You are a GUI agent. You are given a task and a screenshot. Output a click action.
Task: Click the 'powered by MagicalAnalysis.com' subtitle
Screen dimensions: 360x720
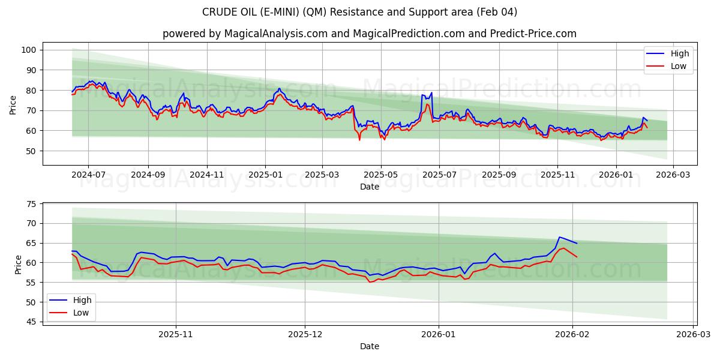point(369,34)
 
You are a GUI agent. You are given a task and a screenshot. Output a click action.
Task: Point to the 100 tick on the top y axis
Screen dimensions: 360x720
point(28,50)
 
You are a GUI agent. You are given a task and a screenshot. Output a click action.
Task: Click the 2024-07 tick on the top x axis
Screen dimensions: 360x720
point(88,175)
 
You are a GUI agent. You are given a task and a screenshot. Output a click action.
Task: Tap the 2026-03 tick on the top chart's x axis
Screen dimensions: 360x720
point(673,175)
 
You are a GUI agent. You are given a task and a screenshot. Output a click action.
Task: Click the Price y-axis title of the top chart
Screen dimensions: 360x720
point(13,104)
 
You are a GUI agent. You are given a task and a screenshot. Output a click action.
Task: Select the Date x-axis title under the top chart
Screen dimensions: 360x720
point(369,187)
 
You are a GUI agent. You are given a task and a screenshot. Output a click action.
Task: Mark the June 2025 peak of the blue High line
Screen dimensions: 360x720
point(431,93)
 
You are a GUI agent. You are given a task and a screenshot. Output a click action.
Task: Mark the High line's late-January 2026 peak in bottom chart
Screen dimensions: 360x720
point(559,237)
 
